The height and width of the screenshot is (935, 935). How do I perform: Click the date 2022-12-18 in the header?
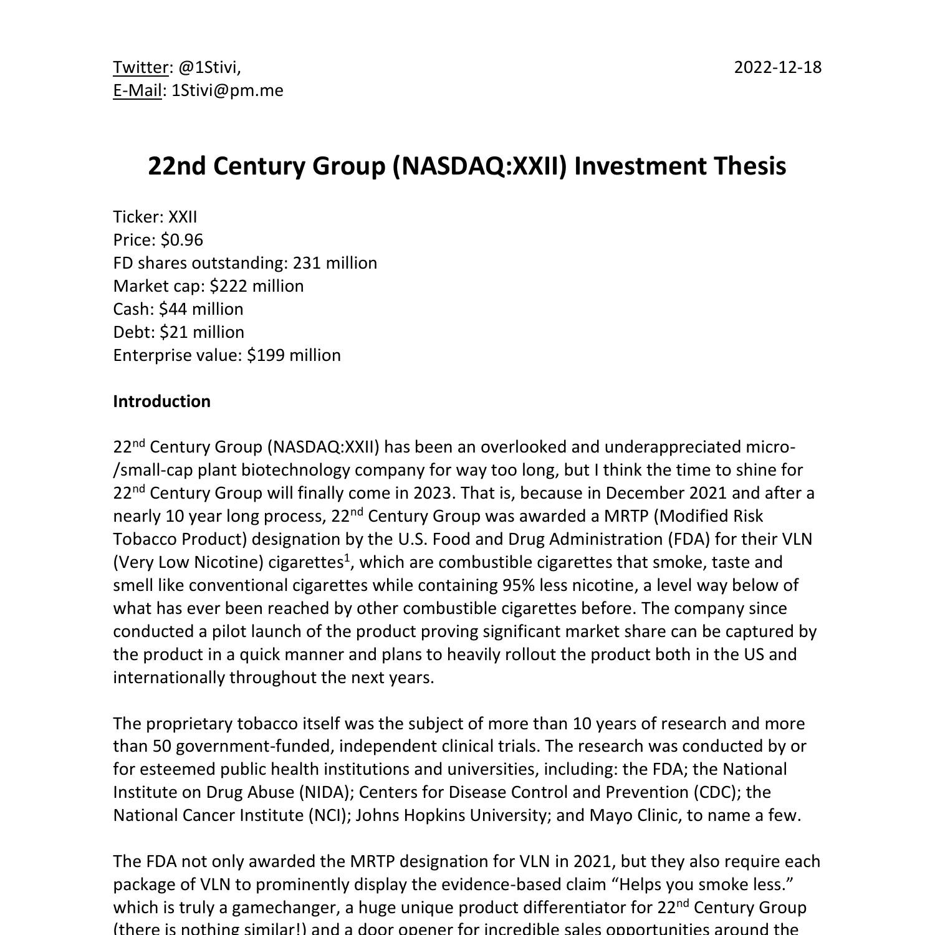[x=777, y=67]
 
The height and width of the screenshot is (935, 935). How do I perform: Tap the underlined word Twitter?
[x=141, y=67]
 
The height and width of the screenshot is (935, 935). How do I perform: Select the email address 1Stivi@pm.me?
[x=228, y=90]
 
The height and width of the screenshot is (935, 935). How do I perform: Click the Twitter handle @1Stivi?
[x=208, y=67]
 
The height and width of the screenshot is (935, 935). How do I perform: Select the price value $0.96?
[x=181, y=240]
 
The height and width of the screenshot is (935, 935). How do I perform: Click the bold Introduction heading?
[x=161, y=401]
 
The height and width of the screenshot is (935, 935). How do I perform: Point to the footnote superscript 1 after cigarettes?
[x=347, y=557]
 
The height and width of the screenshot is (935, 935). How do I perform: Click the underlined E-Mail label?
[x=137, y=90]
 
